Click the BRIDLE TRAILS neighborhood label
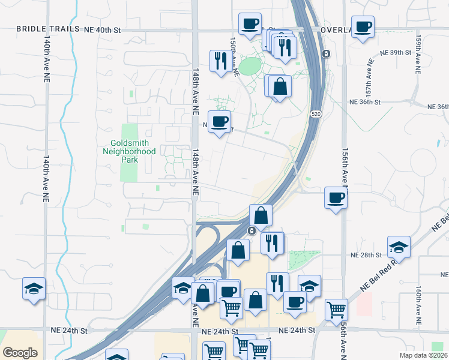(x=48, y=29)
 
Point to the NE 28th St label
(x=366, y=255)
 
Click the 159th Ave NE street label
(x=418, y=54)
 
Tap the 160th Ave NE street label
(x=418, y=303)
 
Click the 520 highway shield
(x=315, y=113)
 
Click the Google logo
(x=20, y=353)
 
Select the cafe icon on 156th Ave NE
(x=336, y=197)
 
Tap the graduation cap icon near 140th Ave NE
(x=34, y=288)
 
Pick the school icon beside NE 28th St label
(x=399, y=247)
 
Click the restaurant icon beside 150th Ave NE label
(x=220, y=60)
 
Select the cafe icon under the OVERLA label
(x=363, y=27)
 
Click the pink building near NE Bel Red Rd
(x=364, y=304)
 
